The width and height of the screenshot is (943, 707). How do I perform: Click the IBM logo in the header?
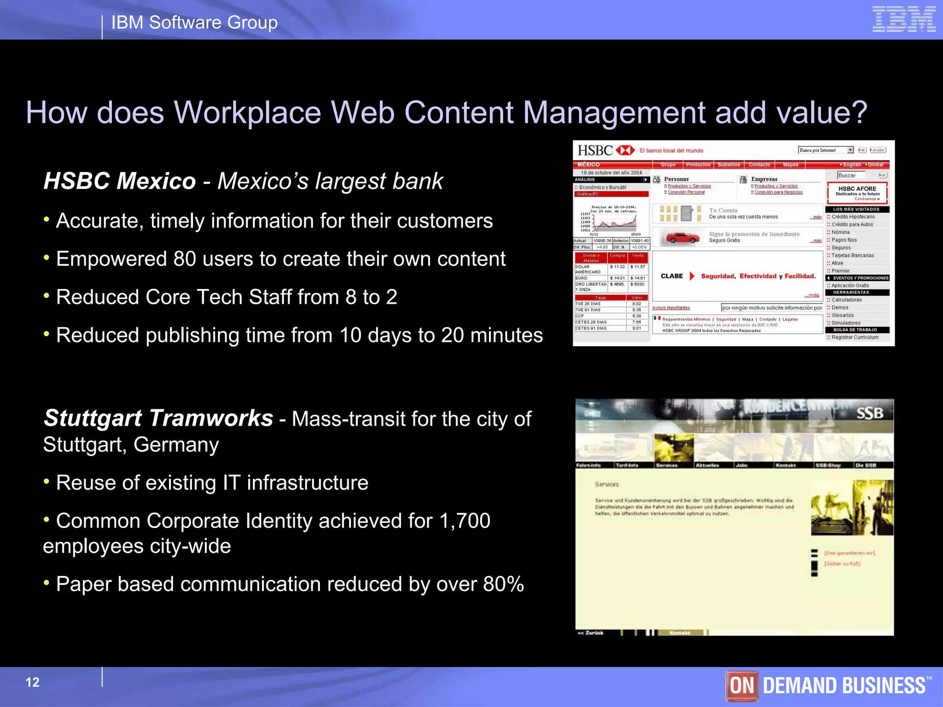(904, 19)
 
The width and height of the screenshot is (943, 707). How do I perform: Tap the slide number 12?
(32, 682)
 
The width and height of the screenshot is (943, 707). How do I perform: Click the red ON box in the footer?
(742, 686)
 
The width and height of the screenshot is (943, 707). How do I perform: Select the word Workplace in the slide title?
(247, 112)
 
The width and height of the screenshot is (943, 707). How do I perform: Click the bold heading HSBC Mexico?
(120, 181)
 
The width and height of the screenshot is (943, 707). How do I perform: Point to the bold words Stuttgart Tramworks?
(158, 418)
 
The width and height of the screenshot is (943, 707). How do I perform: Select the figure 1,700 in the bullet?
(465, 521)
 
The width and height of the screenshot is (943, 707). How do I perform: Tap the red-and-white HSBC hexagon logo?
(625, 151)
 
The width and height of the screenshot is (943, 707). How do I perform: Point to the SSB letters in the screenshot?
(869, 413)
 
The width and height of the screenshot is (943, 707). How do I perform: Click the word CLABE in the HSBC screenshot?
(671, 276)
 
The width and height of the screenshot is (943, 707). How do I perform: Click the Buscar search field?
(851, 175)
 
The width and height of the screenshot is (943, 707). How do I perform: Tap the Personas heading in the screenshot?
(676, 179)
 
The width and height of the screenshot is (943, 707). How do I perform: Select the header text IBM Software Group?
(194, 23)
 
